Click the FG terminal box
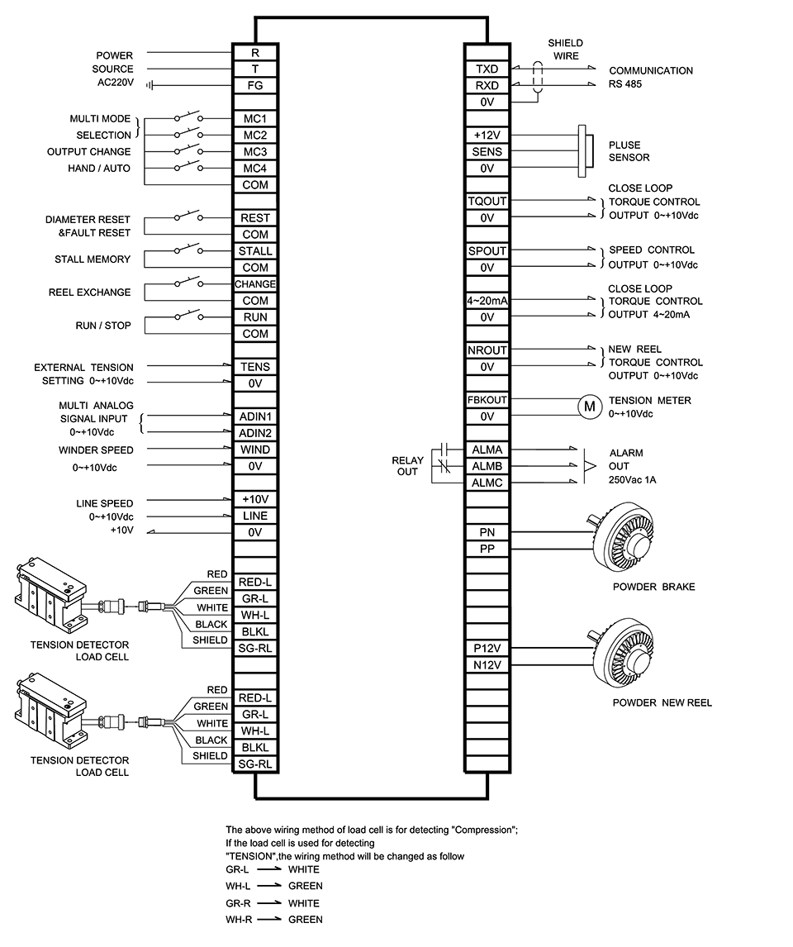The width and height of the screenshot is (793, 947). coord(255,86)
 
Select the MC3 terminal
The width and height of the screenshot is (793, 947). coord(255,151)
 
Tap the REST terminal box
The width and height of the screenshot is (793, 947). coord(255,218)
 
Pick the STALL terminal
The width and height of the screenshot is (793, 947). coord(255,251)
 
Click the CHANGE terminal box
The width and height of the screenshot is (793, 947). coord(255,284)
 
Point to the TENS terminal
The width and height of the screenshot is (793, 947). coord(255,367)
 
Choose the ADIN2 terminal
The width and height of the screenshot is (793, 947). coord(255,433)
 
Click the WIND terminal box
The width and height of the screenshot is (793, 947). coord(255,450)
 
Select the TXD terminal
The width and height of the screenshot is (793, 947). coord(487,69)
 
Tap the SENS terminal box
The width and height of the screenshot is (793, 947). coord(487,151)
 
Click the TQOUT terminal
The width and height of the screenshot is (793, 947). coord(487,201)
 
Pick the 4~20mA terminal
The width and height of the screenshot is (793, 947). coord(487,301)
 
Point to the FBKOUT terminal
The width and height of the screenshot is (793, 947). coord(487,400)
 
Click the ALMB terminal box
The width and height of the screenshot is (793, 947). coord(487,466)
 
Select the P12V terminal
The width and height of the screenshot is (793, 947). coord(487,648)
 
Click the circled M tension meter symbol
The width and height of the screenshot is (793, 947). coord(590,407)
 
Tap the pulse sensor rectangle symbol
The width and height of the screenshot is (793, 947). coord(582,151)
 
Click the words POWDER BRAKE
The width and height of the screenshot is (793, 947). coord(653,587)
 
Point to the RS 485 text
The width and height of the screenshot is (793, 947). coord(625,84)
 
